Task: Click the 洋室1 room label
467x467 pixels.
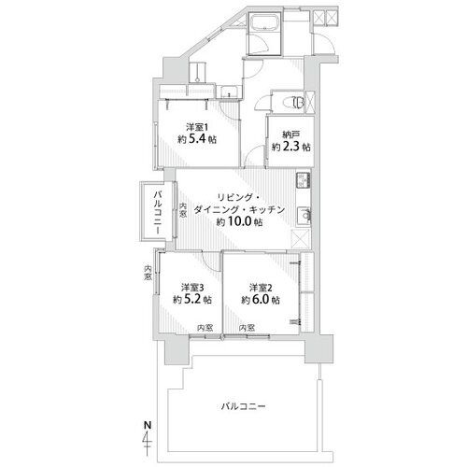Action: click(x=197, y=127)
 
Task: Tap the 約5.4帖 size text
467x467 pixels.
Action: click(x=197, y=138)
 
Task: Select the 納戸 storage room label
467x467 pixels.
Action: click(x=291, y=134)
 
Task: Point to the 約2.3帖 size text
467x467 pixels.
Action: click(x=291, y=147)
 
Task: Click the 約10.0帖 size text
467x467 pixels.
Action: click(x=239, y=221)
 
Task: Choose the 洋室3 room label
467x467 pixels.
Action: click(x=192, y=288)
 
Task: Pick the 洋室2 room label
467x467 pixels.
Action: click(x=261, y=288)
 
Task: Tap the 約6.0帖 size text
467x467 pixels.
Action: click(x=261, y=300)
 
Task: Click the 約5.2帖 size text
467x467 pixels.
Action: click(x=192, y=300)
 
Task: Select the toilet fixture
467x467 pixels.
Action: click(x=294, y=103)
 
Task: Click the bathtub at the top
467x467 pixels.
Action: click(x=265, y=22)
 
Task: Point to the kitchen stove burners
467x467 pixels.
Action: click(x=303, y=180)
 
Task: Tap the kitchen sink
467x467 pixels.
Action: click(x=304, y=215)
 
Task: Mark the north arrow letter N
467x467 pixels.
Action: click(x=148, y=425)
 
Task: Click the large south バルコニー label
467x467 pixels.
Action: click(x=243, y=406)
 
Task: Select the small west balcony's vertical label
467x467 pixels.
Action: click(x=158, y=213)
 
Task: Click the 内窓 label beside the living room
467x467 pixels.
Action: click(x=183, y=210)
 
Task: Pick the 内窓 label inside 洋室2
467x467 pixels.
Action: click(x=247, y=328)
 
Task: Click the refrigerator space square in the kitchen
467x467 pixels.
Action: click(x=301, y=239)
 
